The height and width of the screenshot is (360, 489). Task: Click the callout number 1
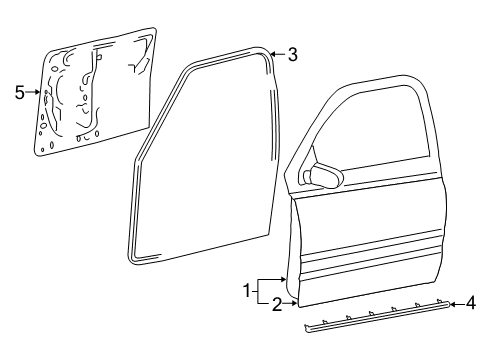[x=246, y=291]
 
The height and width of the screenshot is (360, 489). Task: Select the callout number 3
[x=292, y=55]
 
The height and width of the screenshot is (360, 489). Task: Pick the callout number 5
[x=19, y=93]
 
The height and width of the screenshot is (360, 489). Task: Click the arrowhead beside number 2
[x=291, y=301]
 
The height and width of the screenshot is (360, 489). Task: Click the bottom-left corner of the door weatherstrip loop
[x=136, y=267]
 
